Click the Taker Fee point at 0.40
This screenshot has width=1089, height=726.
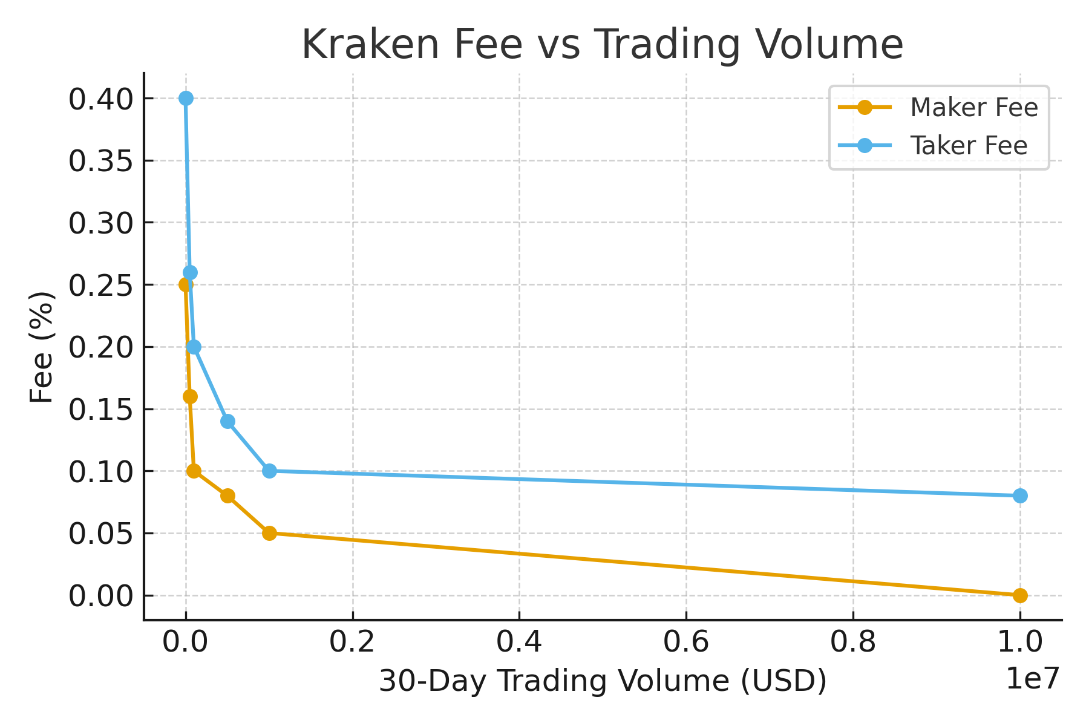186,98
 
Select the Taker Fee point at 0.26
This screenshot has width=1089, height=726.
190,272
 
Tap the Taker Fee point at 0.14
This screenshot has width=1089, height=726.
227,421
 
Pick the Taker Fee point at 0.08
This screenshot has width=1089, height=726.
1020,495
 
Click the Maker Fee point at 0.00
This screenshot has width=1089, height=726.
1020,595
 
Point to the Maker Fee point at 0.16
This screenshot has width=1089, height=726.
190,396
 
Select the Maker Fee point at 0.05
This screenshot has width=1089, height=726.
269,533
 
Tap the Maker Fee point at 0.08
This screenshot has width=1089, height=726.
227,495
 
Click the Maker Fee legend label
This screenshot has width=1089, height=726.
974,108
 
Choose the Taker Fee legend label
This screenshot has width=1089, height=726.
969,146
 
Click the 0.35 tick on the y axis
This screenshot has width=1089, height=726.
100,161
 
